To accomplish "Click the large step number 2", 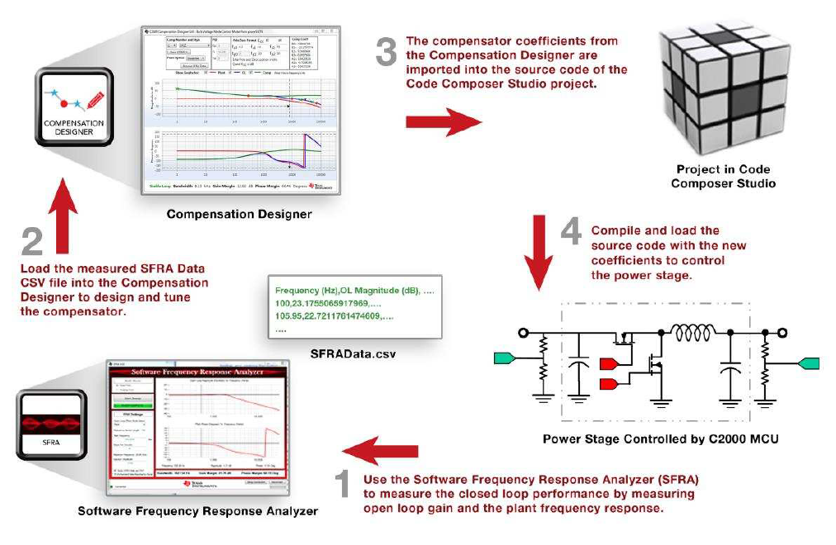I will pos(32,241).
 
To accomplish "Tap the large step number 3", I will pos(387,51).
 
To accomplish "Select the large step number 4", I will pos(571,234).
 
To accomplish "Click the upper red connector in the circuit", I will pos(610,363).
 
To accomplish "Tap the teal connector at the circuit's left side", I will pos(505,357).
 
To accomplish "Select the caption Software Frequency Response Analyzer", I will pos(197,511).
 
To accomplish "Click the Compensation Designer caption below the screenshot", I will pos(239,214).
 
